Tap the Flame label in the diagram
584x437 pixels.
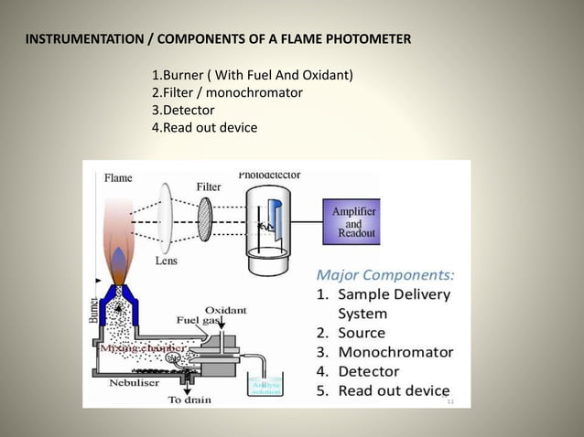click(117, 177)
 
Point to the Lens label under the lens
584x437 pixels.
click(167, 260)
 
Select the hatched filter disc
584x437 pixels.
click(205, 219)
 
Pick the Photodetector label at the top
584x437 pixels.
click(269, 174)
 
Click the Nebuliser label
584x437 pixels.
click(116, 385)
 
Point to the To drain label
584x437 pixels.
click(190, 400)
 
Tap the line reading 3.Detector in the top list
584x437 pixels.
click(183, 110)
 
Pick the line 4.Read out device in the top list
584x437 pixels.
click(204, 127)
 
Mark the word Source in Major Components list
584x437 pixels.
click(362, 333)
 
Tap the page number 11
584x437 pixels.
click(450, 401)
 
